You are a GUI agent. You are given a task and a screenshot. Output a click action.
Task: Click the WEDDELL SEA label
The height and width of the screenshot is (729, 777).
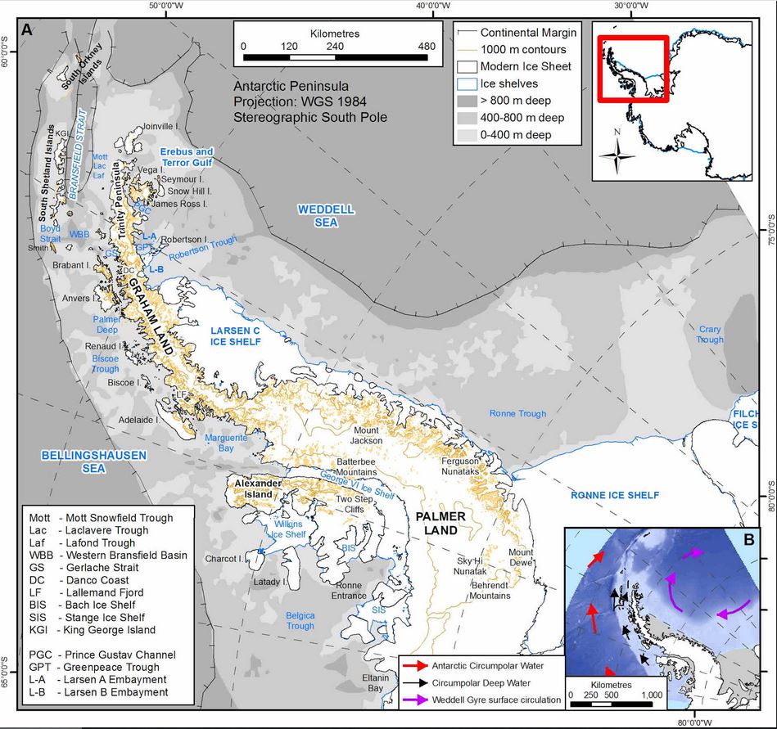pos(326,215)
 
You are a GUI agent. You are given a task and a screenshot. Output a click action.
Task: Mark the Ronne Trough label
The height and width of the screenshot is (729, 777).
pos(517,414)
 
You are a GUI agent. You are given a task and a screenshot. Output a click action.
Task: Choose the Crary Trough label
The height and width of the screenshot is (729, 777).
pos(710,335)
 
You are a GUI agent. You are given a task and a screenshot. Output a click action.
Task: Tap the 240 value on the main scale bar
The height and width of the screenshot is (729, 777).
pos(334,47)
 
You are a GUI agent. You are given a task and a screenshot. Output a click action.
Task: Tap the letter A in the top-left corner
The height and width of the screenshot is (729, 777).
pos(28,31)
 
